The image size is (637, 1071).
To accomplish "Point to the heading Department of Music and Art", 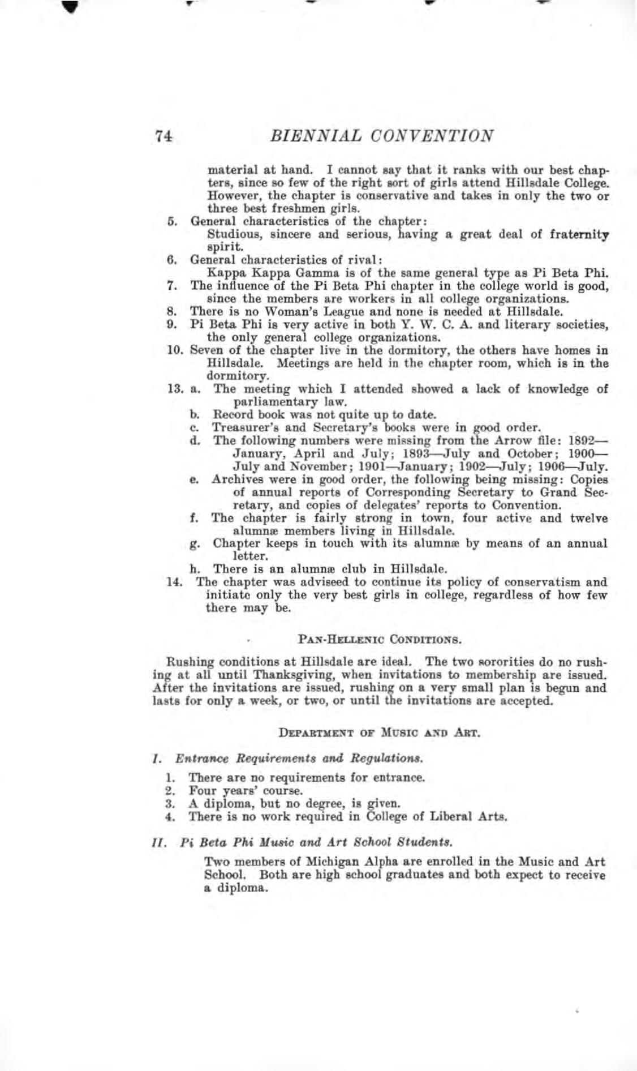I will click(380, 734).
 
